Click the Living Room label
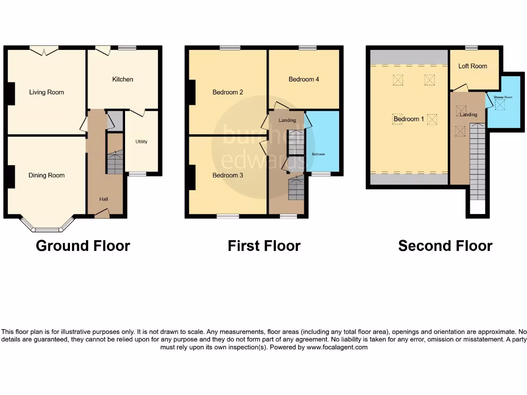46,93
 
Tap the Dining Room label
46,175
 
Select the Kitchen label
122,79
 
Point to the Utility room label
141,141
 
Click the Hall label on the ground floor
103,199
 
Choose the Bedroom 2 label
227,93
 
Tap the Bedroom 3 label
227,175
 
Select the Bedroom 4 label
304,79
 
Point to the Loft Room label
472,66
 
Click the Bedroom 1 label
409,119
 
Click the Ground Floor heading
83,246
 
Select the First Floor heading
264,246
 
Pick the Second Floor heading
445,246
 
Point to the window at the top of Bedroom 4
307,47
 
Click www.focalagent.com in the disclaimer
338,347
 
